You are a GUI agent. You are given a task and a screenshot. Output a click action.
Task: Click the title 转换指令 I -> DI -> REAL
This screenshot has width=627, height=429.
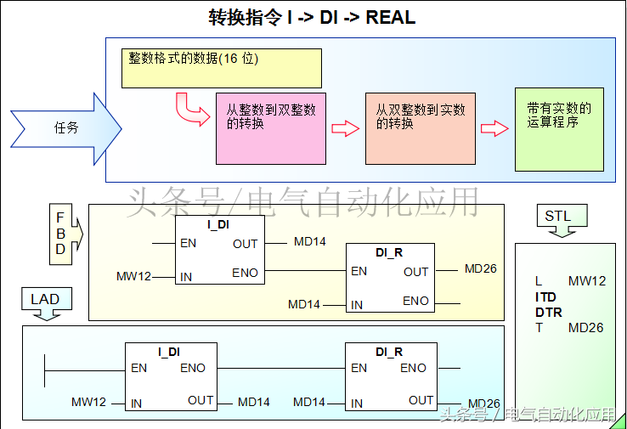pos(313,17)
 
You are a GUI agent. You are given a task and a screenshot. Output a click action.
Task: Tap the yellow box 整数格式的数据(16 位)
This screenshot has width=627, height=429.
pos(221,68)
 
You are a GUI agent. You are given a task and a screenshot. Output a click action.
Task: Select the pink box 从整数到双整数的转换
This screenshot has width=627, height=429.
pos(270,127)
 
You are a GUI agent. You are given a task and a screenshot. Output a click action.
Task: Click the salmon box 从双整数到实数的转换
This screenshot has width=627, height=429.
pos(420,127)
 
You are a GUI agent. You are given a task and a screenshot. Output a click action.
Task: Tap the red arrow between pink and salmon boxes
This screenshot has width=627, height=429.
pos(345,128)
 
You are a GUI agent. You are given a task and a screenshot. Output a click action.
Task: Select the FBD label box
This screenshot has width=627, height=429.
pos(61,230)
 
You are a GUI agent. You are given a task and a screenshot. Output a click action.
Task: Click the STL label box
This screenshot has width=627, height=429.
pos(558,217)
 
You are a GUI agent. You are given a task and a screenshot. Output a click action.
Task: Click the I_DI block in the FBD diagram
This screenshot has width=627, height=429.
pos(219,251)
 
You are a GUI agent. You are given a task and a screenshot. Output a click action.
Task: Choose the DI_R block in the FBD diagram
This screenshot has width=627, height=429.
pos(390,279)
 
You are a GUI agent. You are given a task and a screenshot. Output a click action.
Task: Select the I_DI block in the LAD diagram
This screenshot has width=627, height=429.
pos(170,377)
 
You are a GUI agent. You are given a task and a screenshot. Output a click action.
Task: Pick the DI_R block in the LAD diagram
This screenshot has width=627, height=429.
pos(390,377)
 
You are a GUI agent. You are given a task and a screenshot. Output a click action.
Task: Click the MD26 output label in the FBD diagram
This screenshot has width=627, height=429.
pos(480,269)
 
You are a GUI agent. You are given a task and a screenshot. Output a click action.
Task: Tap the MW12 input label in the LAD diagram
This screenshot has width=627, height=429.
pos(88,402)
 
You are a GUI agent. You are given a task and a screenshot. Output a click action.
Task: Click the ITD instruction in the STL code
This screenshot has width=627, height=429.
pos(545,297)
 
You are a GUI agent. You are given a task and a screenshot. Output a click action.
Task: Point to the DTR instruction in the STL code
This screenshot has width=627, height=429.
pos(548,313)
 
